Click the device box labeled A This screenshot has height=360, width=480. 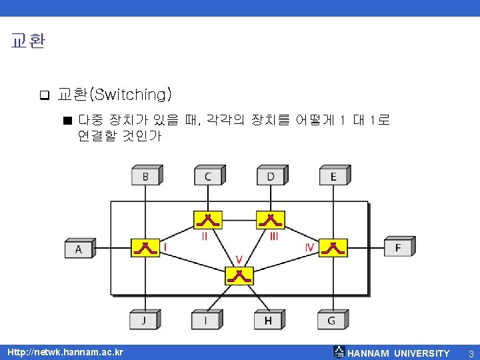[79, 249]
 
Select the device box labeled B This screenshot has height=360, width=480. [145, 177]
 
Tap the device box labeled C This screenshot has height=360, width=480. [208, 177]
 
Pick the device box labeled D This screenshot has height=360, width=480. [271, 177]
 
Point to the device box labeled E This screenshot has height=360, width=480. [333, 177]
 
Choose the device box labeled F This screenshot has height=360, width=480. [398, 247]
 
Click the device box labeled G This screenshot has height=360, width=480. [331, 321]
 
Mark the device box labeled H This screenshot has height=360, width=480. [268, 321]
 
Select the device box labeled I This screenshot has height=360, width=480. [205, 321]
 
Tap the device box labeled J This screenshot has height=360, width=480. [143, 321]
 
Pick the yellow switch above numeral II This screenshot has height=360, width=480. [207, 219]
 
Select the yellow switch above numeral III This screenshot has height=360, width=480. [271, 219]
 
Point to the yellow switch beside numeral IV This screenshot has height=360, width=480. [333, 247]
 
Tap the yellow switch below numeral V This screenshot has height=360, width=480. [239, 275]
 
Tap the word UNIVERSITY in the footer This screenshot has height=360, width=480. [421, 353]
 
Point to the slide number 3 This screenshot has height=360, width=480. [471, 353]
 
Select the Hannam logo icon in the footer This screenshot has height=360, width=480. [339, 352]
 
